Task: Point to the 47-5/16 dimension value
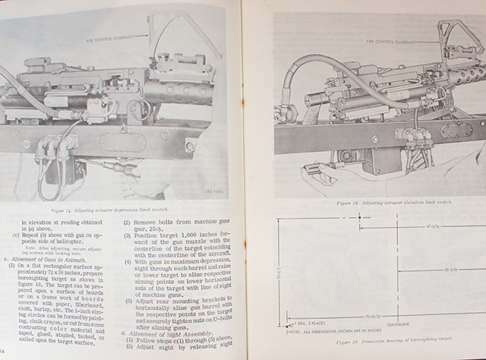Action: click(x=436, y=226)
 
